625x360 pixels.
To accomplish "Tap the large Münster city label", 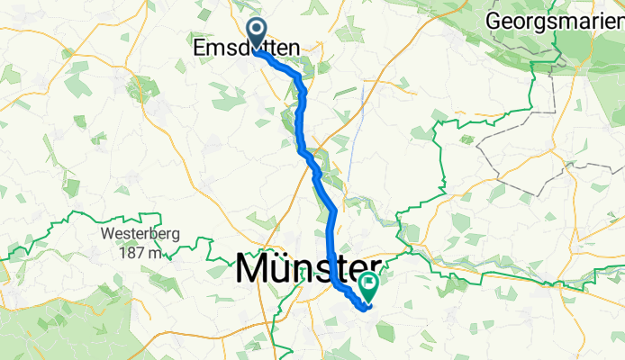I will [x=308, y=269].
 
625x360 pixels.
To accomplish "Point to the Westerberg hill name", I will [x=133, y=236].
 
